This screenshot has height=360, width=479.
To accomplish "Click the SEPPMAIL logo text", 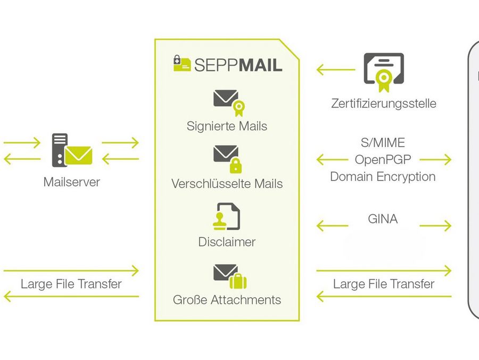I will [238, 64].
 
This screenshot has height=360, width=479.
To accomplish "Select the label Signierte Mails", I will [227, 126].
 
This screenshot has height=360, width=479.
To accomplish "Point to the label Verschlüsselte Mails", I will [227, 184].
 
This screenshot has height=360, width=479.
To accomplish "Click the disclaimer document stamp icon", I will [226, 216].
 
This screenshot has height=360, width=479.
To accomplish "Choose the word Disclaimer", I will [227, 242].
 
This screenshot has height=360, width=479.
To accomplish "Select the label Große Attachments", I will [227, 300].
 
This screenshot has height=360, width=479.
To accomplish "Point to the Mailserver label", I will [71, 182].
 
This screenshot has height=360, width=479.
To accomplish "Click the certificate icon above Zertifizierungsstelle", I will [383, 72].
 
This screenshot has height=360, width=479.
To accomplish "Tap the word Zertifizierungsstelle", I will [383, 103].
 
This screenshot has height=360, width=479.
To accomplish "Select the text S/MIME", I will [383, 143].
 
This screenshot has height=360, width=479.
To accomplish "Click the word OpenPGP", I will [383, 160].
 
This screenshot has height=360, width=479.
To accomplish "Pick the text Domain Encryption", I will [383, 177].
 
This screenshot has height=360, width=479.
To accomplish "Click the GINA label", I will [383, 219].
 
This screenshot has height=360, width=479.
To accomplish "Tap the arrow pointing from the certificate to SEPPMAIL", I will [335, 70].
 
